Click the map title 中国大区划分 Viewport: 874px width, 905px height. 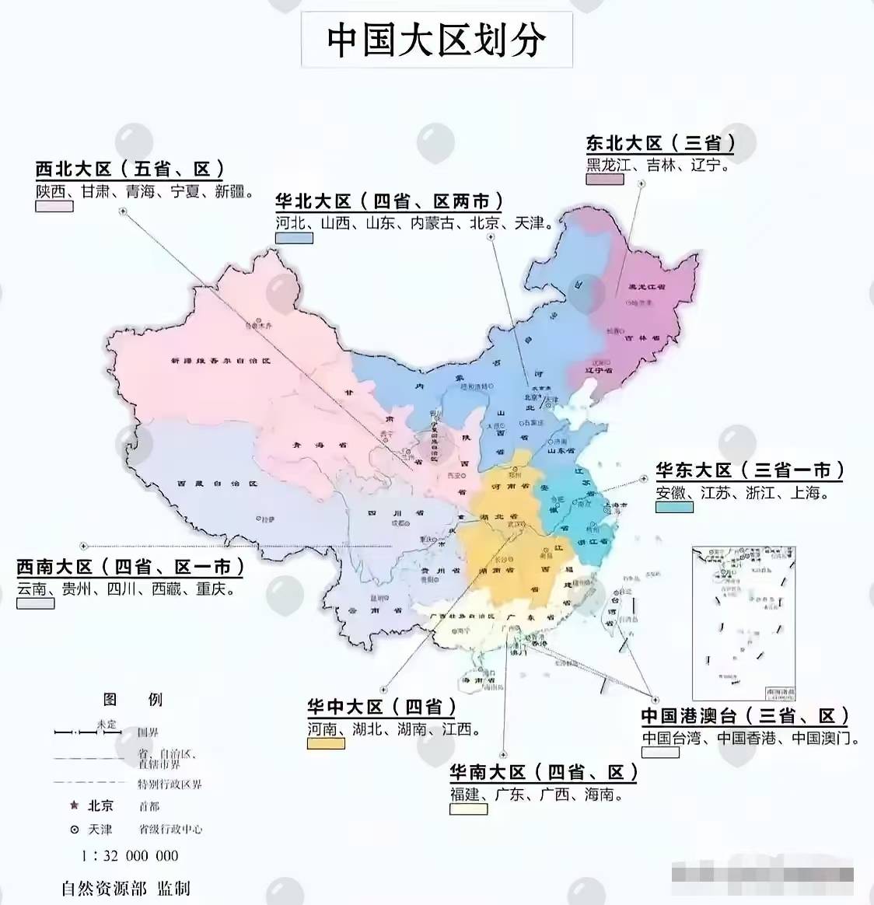(436, 40)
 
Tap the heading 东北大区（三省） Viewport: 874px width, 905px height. (660, 144)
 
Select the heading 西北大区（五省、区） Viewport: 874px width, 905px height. (130, 169)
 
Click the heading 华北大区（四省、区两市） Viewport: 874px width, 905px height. (389, 202)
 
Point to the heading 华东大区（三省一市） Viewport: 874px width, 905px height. (750, 470)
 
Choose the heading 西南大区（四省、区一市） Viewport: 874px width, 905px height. (130, 567)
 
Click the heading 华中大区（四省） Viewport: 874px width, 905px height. (381, 707)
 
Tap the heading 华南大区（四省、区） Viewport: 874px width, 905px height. (544, 772)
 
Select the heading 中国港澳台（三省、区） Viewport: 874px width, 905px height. (745, 716)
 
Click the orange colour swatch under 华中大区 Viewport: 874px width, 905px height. (326, 744)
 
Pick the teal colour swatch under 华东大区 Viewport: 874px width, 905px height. (674, 507)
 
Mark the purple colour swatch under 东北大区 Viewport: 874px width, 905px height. (605, 180)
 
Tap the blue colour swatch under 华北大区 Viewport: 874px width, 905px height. (294, 238)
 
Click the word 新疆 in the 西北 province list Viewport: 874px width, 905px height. (230, 191)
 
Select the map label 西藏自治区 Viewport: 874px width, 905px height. (217, 484)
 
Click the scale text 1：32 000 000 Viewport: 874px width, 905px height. (130, 856)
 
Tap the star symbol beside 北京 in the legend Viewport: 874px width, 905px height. (75, 805)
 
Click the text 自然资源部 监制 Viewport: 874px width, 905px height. (126, 888)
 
